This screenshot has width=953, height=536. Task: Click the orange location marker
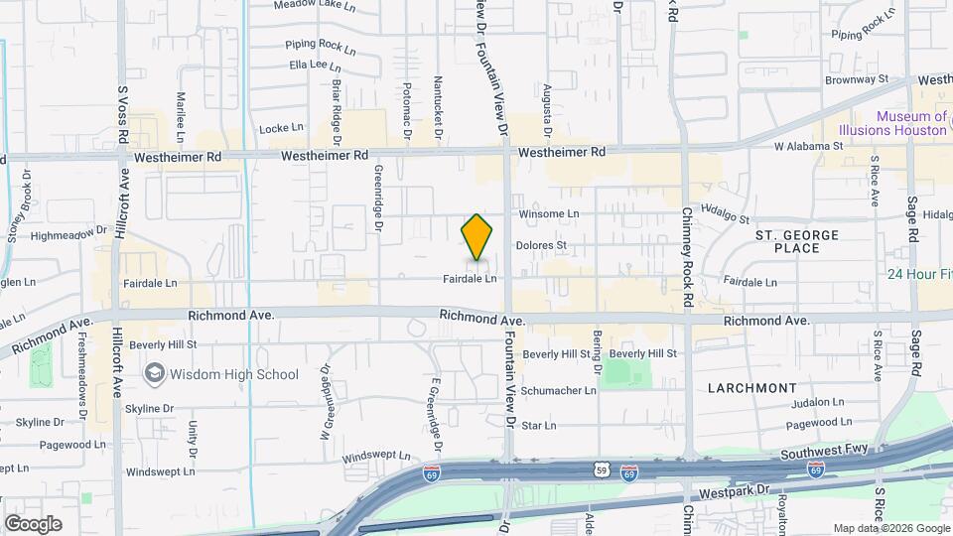[x=477, y=237]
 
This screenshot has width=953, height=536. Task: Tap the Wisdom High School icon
[x=154, y=374]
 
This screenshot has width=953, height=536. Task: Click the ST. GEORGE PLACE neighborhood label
[x=797, y=241]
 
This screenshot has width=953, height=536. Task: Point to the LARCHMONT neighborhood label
[x=752, y=387]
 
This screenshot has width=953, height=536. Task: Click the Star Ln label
[x=538, y=426]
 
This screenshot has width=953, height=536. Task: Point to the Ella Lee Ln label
[x=308, y=65]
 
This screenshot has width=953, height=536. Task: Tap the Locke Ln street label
[x=281, y=127]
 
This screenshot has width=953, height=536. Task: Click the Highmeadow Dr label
[x=68, y=234]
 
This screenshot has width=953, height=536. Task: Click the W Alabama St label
[x=808, y=145]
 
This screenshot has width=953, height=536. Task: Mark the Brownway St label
[x=856, y=77]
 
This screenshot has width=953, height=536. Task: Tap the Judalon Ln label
[x=817, y=403]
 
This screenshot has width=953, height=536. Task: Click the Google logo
[x=33, y=524]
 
